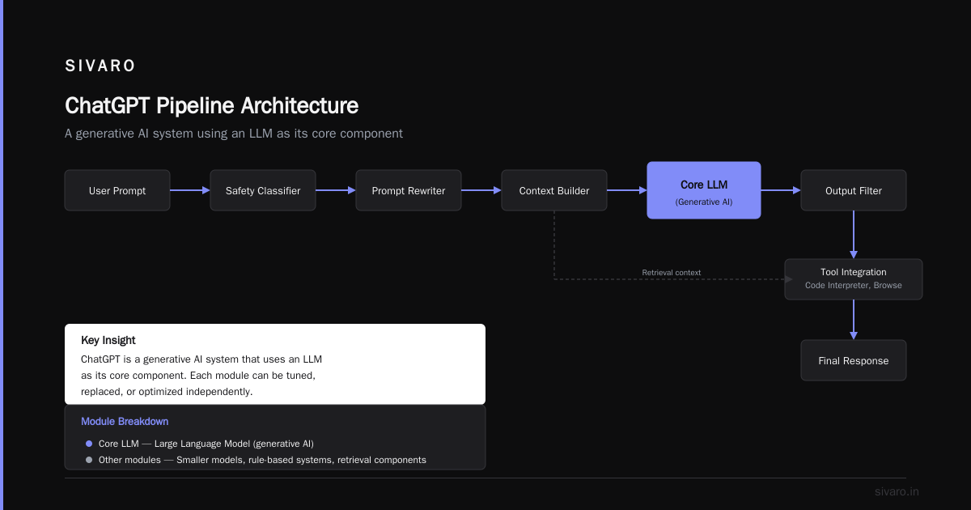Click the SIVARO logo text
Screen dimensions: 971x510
[x=100, y=66]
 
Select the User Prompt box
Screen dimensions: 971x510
[x=117, y=190]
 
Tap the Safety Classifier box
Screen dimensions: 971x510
[x=263, y=190]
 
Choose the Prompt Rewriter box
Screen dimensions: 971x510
[x=409, y=190]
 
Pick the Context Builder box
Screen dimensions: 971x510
[x=554, y=190]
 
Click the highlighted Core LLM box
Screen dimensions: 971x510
[x=703, y=190]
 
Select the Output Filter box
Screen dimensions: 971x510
[x=854, y=190]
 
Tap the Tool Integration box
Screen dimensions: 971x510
[x=854, y=279]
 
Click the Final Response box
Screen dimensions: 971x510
[x=854, y=360]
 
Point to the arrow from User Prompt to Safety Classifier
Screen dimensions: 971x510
[x=190, y=190]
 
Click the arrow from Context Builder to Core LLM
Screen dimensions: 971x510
[x=627, y=190]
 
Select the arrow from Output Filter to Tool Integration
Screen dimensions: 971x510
[x=854, y=235]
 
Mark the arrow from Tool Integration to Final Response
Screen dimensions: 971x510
[x=854, y=320]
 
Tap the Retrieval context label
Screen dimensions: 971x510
[x=671, y=272]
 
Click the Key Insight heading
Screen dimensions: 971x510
[x=108, y=341]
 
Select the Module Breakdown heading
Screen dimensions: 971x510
[x=125, y=422]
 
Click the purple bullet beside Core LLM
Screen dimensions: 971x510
[x=89, y=444]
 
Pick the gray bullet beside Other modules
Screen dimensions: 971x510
[x=89, y=460]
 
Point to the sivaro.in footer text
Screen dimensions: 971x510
[x=897, y=491]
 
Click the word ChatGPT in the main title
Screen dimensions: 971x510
[x=108, y=106]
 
